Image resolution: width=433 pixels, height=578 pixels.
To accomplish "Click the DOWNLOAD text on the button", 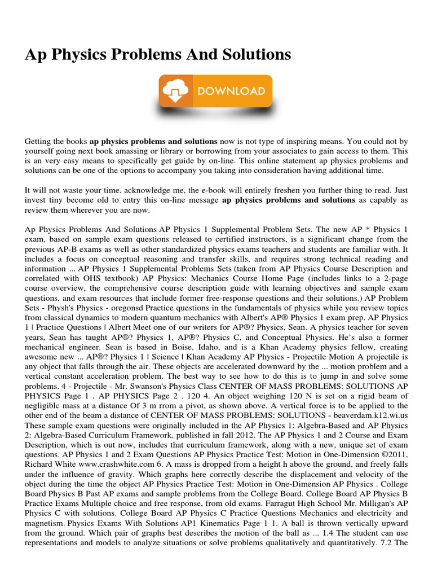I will pyautogui.click(x=229, y=91).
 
